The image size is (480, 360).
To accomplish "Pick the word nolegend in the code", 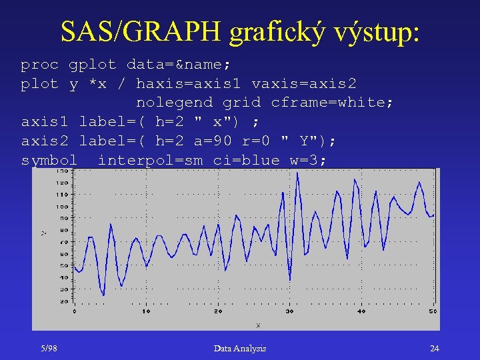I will pos(174,102).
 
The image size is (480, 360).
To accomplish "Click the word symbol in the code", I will pos(49,160).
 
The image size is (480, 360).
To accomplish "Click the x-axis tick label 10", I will pos(146,311).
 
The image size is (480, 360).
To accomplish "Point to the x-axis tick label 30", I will pos(289,311).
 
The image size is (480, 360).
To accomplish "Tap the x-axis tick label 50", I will pos(433,311).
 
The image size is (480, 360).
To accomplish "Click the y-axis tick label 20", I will pos(64,301).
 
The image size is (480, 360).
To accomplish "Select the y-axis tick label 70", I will pos(64,242).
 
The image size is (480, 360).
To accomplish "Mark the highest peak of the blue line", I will pos(297,174).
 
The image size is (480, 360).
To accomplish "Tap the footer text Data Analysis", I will pos(240,348).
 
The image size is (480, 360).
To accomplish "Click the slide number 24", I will pos(434,348).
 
